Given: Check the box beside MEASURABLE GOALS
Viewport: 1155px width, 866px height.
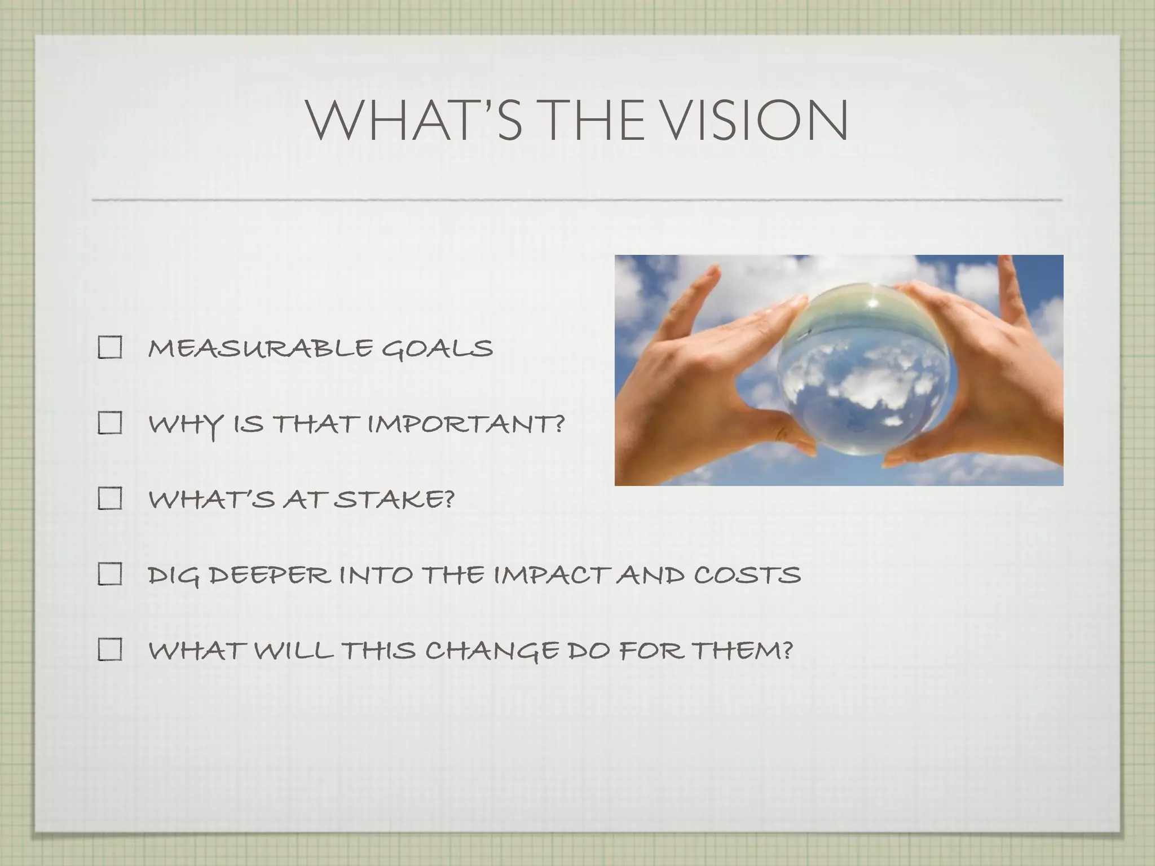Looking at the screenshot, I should [x=110, y=347].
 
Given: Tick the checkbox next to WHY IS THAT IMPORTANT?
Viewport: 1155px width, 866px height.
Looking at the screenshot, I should [x=110, y=423].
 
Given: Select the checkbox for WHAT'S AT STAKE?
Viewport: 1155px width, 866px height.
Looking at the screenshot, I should [x=110, y=499].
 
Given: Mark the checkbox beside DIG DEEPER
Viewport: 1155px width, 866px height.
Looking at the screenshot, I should [x=110, y=575].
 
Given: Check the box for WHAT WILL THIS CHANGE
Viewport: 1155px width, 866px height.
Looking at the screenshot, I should [x=110, y=650].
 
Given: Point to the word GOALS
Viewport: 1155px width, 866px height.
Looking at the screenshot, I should [x=437, y=348].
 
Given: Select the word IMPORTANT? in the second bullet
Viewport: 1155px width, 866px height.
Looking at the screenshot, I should [x=466, y=423].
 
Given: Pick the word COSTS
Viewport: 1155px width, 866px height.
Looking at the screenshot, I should [x=747, y=575].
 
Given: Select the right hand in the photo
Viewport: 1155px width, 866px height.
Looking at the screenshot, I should [x=993, y=383].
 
